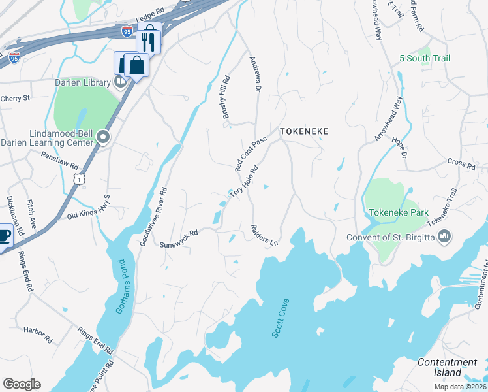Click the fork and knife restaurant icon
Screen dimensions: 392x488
tap(148, 41)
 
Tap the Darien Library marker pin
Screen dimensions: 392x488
tap(120, 81)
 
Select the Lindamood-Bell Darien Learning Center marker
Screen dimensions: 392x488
tap(103, 137)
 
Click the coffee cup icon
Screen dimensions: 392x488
tap(3, 236)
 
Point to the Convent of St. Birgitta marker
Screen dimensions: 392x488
tap(444, 237)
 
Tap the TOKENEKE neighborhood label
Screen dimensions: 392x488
tap(303, 131)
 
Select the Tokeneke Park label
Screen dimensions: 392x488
tap(398, 213)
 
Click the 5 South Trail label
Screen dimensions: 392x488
tap(425, 59)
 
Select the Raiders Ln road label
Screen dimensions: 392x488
tap(264, 235)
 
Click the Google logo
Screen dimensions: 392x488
tap(22, 384)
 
